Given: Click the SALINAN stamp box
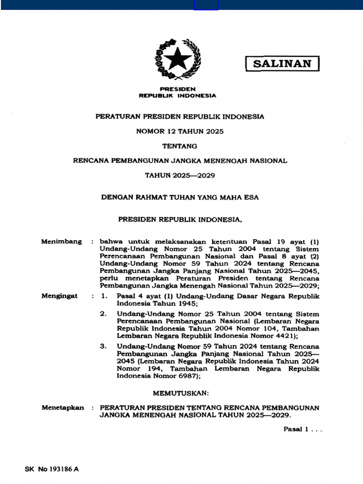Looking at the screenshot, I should click(282, 64).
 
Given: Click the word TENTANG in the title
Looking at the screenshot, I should click(180, 146).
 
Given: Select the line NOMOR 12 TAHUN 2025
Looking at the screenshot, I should click(180, 131).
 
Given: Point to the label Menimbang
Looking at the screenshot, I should click(61, 242).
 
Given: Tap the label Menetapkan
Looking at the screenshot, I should click(63, 407).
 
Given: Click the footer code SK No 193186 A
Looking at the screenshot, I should click(52, 469).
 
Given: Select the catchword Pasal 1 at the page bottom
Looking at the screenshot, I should click(296, 429).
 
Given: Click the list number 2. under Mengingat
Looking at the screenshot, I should click(103, 314).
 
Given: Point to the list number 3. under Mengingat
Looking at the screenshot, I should click(103, 346).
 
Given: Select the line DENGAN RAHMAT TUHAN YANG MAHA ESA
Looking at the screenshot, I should click(180, 198).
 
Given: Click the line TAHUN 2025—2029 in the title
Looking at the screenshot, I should click(180, 175).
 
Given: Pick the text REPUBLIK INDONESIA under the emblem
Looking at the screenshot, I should click(177, 95).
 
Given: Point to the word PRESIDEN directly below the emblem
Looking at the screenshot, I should click(178, 89).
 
